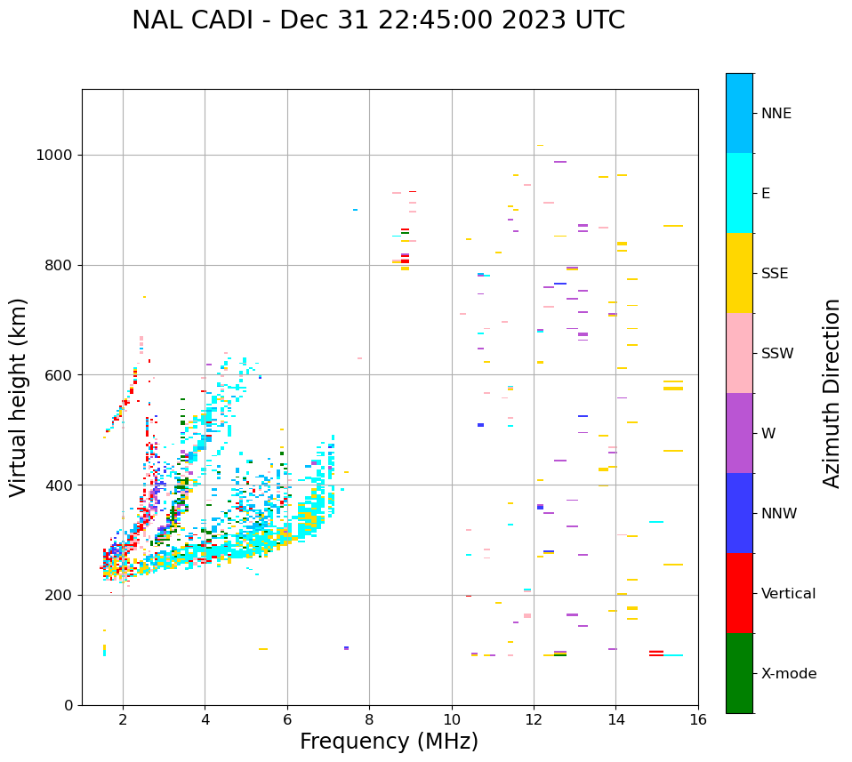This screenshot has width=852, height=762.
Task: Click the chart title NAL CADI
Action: (378, 20)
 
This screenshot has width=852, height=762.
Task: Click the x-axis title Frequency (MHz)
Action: (389, 742)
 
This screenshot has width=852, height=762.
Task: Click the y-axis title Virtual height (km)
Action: (19, 397)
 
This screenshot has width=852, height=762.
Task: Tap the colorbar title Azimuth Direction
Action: (832, 393)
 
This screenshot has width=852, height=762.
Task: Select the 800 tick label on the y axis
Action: (58, 266)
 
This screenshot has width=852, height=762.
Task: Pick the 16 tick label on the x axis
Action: (698, 719)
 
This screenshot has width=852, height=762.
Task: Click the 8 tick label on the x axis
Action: (369, 719)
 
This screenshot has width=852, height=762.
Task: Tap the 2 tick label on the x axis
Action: (123, 719)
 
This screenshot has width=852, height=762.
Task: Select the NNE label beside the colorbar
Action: (776, 114)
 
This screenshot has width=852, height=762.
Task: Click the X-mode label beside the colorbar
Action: (788, 674)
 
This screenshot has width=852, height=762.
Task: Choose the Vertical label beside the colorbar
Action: (788, 594)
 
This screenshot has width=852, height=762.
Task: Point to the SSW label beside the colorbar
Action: (777, 354)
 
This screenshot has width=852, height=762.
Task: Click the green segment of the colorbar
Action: (739, 673)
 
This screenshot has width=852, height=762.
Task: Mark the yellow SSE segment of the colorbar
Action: (739, 273)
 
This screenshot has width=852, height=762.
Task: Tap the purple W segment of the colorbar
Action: (739, 433)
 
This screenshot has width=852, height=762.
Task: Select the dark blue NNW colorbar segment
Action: (739, 513)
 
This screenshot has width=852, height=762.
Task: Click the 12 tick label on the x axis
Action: (534, 719)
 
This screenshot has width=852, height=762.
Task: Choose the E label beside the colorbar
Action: (766, 194)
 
